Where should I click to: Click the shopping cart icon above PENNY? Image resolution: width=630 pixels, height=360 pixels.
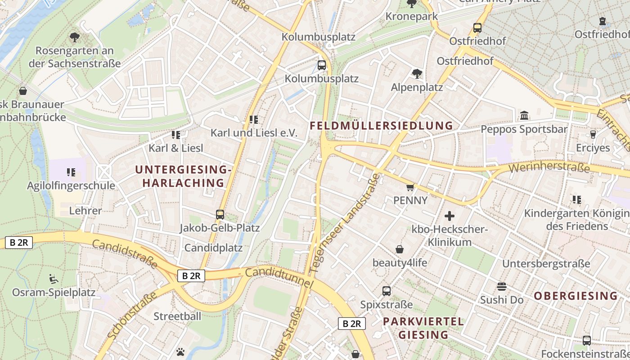coord(409,187)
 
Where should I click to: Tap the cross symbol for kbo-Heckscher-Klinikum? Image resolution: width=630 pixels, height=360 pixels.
coord(449,216)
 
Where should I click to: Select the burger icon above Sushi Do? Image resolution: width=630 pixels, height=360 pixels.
coord(502,287)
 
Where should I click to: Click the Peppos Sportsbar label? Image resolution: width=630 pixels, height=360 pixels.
coord(524,129)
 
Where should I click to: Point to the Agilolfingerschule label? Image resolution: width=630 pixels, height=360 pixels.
coord(71,185)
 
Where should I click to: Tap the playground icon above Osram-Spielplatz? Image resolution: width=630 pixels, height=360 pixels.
coord(53,279)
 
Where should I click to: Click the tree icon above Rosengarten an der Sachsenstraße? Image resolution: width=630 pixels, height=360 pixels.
coord(75,37)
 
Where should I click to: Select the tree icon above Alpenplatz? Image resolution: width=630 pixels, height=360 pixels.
coord(417,73)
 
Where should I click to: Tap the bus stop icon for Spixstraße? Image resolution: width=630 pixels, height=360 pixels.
coord(386,291)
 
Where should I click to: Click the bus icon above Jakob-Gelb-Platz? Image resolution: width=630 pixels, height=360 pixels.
coord(220,215)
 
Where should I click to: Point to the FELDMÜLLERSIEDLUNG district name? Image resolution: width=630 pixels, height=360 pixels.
coord(381,126)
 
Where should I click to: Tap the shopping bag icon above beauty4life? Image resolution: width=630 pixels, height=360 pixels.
coord(399,249)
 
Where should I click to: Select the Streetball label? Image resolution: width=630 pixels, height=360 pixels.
coord(177,316)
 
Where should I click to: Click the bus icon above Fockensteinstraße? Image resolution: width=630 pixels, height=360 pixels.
coord(586,341)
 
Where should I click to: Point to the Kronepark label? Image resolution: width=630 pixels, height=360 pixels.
coord(411,16)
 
